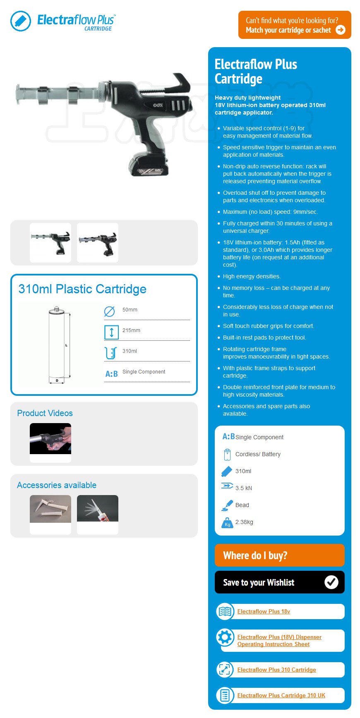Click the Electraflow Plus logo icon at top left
pyautogui.click(x=21, y=21)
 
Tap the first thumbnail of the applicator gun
pyautogui.click(x=50, y=242)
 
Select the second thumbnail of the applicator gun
pyautogui.click(x=98, y=242)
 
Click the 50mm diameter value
pyautogui.click(x=130, y=310)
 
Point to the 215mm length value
pyautogui.click(x=131, y=330)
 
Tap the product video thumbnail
pyautogui.click(x=50, y=439)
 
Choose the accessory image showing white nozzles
pyautogui.click(x=50, y=509)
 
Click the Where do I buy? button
pyautogui.click(x=279, y=555)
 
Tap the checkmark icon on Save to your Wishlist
pyautogui.click(x=331, y=582)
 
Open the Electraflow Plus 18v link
pyautogui.click(x=264, y=611)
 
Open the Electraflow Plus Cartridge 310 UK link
pyautogui.click(x=281, y=695)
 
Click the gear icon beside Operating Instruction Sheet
pyautogui.click(x=225, y=637)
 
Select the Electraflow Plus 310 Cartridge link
pyautogui.click(x=276, y=670)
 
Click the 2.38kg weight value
pyautogui.click(x=244, y=522)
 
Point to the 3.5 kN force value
pyautogui.click(x=243, y=488)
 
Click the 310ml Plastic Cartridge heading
pyautogui.click(x=82, y=289)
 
